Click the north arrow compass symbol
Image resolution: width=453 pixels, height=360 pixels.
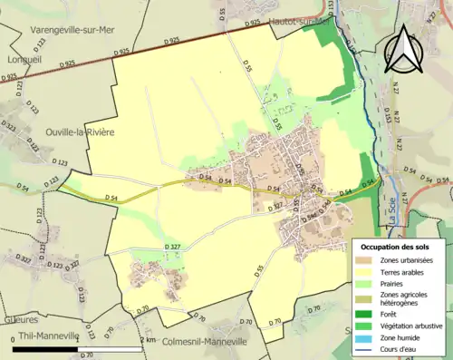404,49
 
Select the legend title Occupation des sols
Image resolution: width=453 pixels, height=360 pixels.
395,247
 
